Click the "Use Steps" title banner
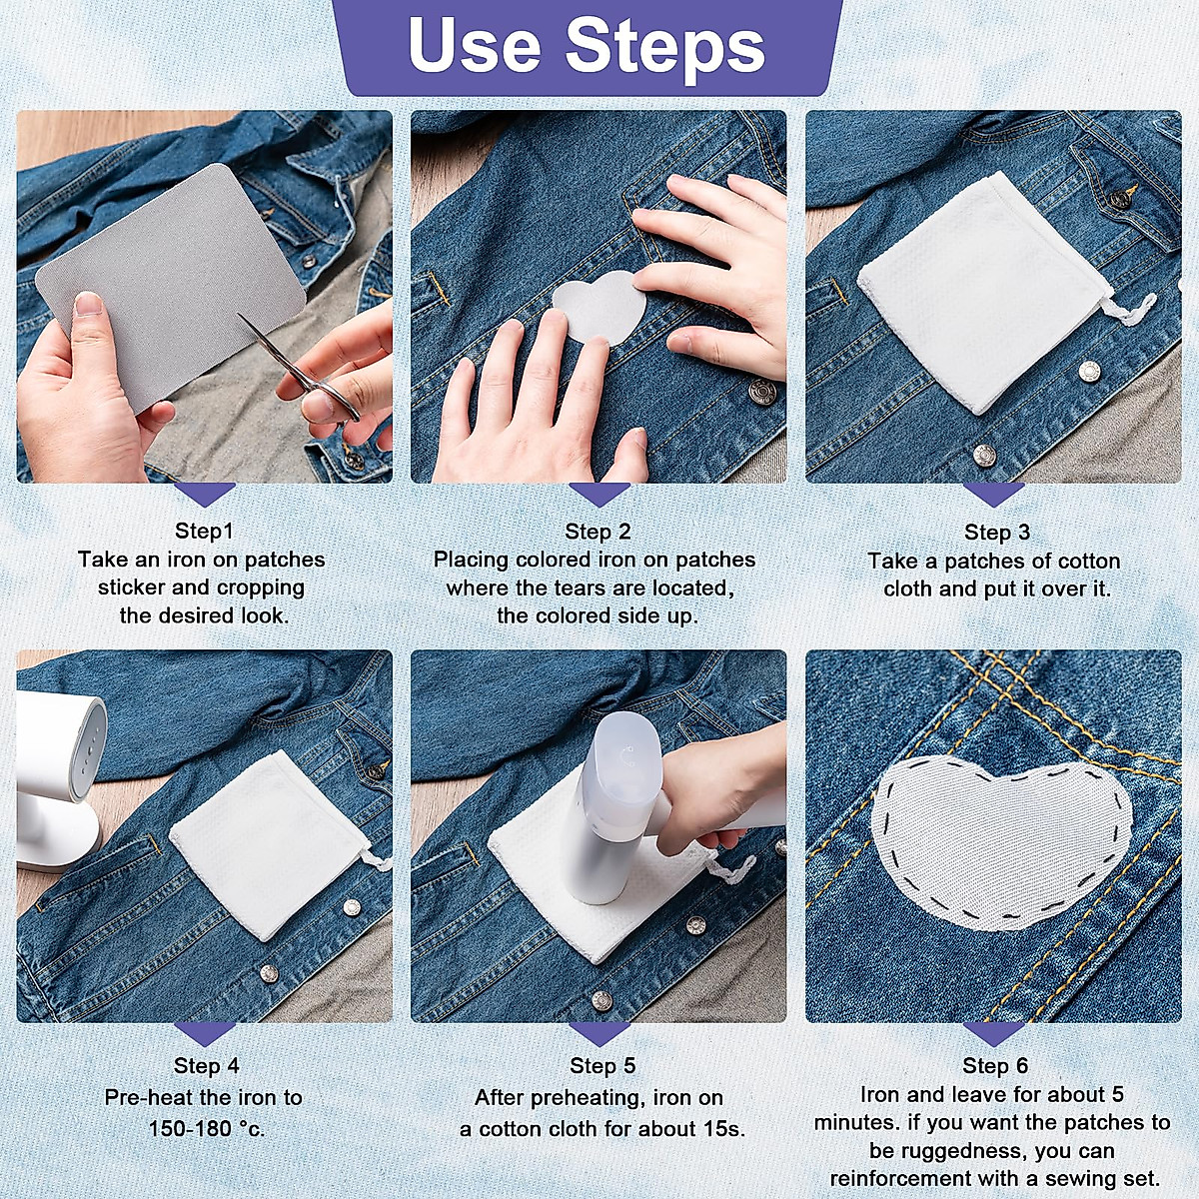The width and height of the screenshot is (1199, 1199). coord(587,48)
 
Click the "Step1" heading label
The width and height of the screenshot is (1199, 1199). coord(204,531)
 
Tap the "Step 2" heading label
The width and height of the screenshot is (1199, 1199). coord(598,531)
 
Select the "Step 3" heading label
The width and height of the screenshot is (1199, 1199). coord(997,532)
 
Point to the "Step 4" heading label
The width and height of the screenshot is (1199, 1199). coord(207,1065)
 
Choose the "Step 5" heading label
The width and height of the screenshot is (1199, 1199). coord(602,1065)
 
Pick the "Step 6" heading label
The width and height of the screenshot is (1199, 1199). coord(995,1065)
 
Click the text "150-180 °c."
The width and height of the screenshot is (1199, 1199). coord(207,1127)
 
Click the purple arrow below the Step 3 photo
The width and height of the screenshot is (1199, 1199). coord(993,495)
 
